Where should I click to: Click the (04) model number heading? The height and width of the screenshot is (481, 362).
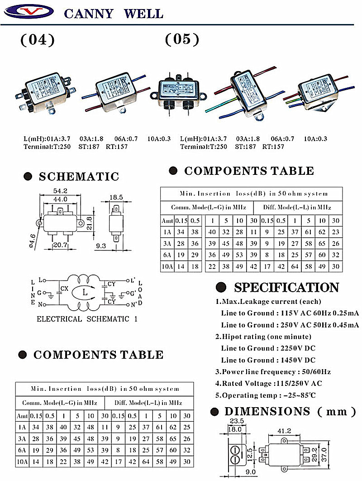[x=38, y=40]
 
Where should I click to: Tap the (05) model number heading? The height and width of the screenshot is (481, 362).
[x=182, y=39]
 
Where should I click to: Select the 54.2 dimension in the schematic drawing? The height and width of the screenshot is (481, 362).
[x=60, y=191]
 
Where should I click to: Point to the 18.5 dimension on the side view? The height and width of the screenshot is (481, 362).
[x=116, y=197]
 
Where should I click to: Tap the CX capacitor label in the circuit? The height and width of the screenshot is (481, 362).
[x=65, y=288]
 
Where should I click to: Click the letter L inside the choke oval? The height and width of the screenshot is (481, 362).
[x=84, y=293]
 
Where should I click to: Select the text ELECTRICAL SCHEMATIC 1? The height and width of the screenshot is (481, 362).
[x=87, y=319]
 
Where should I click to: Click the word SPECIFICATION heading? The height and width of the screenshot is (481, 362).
[x=286, y=288]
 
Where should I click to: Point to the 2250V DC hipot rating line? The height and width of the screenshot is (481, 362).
[x=268, y=348]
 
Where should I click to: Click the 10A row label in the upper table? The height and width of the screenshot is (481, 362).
[x=167, y=267]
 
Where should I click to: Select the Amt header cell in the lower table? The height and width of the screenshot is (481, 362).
[x=22, y=416]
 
